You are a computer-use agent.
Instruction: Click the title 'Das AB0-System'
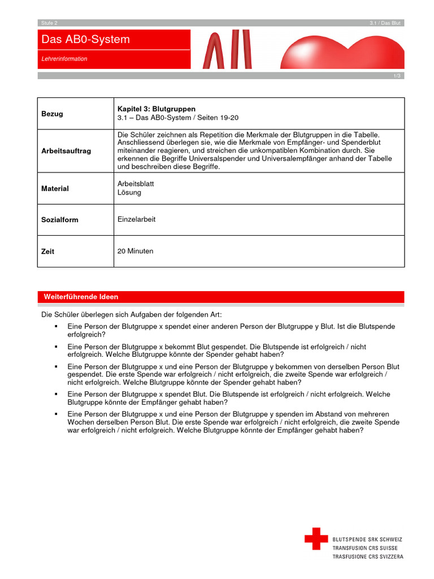[x=85, y=40]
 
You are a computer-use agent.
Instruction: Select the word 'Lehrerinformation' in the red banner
[x=64, y=59]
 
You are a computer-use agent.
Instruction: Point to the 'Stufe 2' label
[x=49, y=23]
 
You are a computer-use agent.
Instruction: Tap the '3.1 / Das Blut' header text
[x=385, y=23]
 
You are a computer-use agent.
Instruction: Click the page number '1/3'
[x=397, y=76]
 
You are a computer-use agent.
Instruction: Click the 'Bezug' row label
[x=53, y=114]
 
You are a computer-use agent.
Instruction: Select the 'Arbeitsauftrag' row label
[x=66, y=151]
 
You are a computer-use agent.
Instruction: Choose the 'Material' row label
[x=55, y=189]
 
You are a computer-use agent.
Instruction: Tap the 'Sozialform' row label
[x=60, y=220]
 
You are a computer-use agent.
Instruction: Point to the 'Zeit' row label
[x=48, y=252]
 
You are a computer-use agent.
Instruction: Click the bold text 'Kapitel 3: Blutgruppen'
[x=156, y=109]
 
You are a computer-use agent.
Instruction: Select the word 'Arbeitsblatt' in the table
[x=136, y=184]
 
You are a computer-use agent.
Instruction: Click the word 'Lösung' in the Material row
[x=129, y=193]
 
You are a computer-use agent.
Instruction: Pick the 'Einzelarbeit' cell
[x=136, y=219]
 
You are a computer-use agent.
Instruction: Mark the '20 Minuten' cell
[x=135, y=251]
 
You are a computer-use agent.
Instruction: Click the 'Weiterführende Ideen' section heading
[x=81, y=297]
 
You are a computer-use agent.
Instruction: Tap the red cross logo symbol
[x=316, y=538]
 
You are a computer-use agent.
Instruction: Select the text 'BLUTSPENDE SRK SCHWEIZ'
[x=368, y=539]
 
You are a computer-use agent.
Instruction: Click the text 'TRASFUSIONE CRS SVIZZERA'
[x=368, y=557]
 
